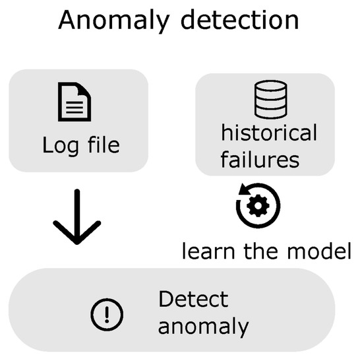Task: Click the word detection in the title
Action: pyautogui.click(x=237, y=20)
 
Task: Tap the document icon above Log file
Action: pyautogui.click(x=75, y=102)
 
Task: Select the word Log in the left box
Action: pyautogui.click(x=58, y=144)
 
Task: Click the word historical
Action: pyautogui.click(x=268, y=133)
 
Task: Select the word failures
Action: pyautogui.click(x=260, y=159)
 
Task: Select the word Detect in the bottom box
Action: pyautogui.click(x=193, y=299)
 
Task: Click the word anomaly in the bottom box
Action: pyautogui.click(x=203, y=325)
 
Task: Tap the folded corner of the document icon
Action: pyautogui.click(x=85, y=90)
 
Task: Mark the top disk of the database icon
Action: pyautogui.click(x=271, y=86)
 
